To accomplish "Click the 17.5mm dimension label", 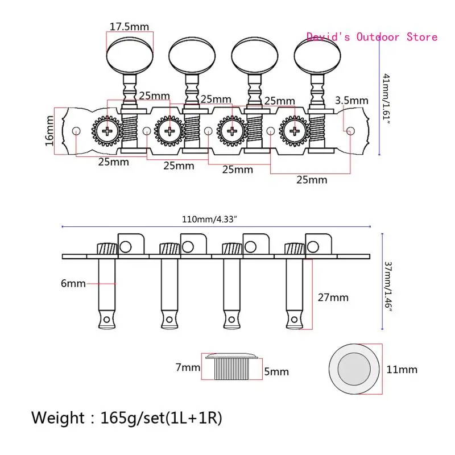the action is point(129,27).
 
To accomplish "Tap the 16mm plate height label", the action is point(49,131).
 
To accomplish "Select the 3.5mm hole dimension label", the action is point(351,101).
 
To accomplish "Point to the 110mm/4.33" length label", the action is point(209,220).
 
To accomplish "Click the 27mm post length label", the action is point(333,297).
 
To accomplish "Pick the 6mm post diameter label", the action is point(73,283).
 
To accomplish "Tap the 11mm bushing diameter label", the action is point(402,370).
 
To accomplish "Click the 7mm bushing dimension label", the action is point(188,367).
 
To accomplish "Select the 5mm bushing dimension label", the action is point(276,372).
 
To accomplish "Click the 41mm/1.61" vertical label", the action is point(386,98).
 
